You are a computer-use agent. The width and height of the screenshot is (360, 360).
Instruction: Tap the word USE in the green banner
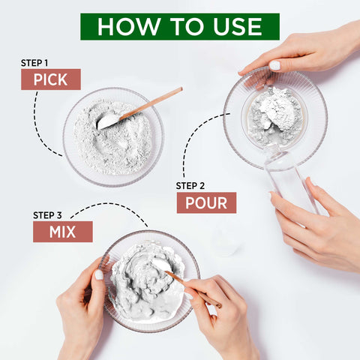[238, 26]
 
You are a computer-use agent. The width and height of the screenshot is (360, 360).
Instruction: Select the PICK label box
[51, 79]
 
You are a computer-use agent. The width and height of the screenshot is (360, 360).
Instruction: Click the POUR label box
[206, 202]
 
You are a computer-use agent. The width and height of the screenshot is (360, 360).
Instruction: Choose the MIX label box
[63, 232]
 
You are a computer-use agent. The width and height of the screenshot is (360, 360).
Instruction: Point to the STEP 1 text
[34, 63]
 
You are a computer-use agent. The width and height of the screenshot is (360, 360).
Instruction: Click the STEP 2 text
[190, 186]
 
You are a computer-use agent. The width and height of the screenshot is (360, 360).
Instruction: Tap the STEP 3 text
[47, 215]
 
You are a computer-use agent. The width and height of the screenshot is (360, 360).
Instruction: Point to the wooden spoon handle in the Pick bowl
[151, 103]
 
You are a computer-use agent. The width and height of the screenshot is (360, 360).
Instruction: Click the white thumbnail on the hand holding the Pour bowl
[274, 65]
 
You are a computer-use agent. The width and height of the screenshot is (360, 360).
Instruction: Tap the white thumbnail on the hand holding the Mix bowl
[99, 274]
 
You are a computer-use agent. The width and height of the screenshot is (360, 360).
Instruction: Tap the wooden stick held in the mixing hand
[193, 289]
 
